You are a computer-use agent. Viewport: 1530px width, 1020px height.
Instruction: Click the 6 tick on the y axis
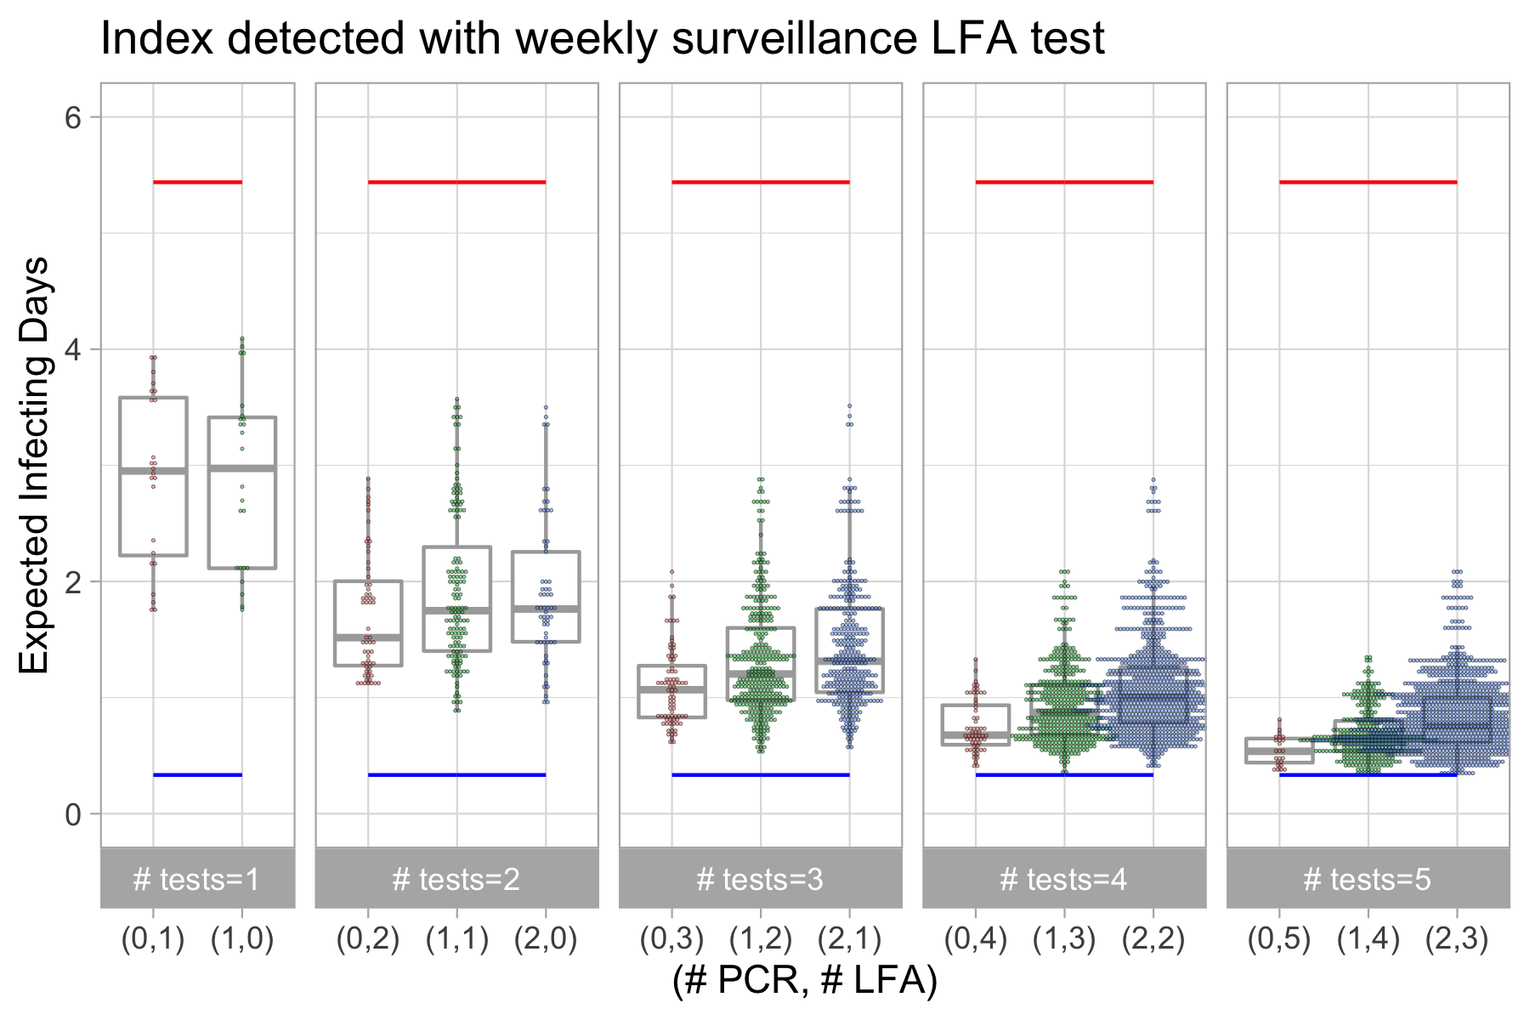pyautogui.click(x=73, y=117)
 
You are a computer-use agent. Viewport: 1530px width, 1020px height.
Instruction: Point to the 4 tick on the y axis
pyautogui.click(x=73, y=349)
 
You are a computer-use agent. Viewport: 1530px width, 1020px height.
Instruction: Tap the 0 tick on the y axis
pyautogui.click(x=73, y=814)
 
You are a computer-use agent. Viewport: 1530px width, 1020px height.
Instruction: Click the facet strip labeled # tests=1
pyautogui.click(x=197, y=878)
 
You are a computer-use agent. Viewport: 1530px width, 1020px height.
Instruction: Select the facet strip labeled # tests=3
pyautogui.click(x=760, y=878)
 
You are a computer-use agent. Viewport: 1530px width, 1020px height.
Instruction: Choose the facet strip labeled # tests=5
pyautogui.click(x=1368, y=878)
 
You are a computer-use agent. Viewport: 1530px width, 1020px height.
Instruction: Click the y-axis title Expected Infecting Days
pyautogui.click(x=36, y=465)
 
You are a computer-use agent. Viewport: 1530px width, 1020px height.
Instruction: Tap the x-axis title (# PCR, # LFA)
pyautogui.click(x=804, y=980)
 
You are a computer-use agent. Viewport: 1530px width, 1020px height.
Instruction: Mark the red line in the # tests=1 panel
pyautogui.click(x=197, y=182)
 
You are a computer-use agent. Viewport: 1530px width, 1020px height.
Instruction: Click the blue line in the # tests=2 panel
pyautogui.click(x=456, y=774)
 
